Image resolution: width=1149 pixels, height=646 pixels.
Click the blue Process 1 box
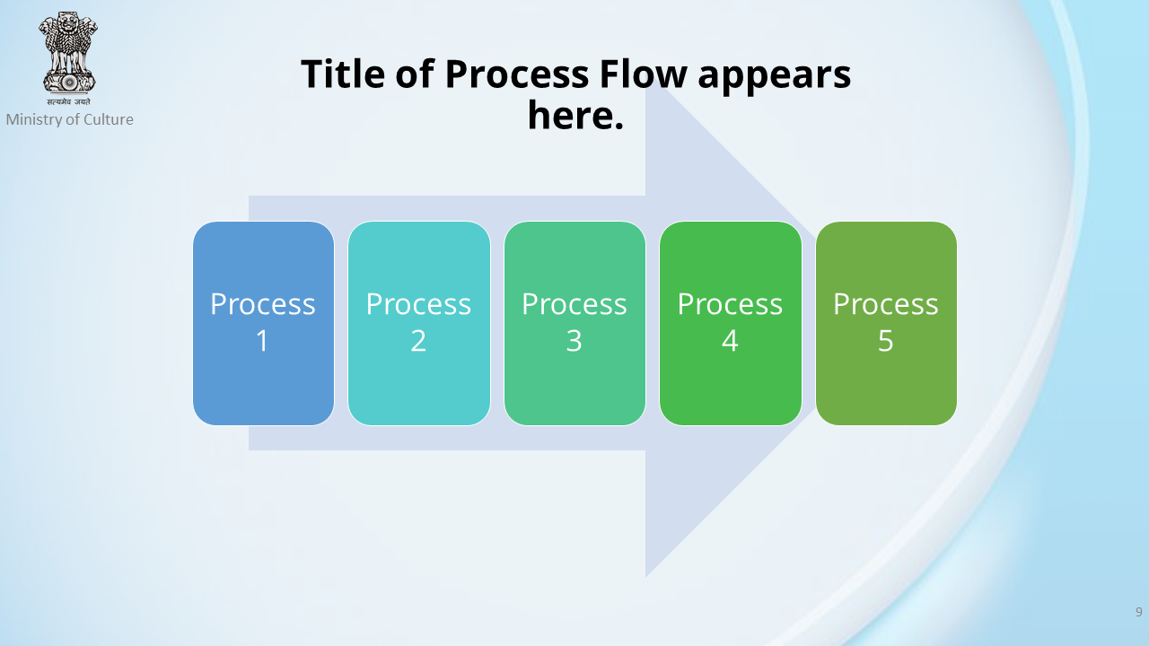[x=263, y=323]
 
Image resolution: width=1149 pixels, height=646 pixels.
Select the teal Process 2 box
[x=419, y=323]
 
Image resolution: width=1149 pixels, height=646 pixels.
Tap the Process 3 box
[x=574, y=323]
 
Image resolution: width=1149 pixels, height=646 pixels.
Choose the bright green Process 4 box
[x=731, y=323]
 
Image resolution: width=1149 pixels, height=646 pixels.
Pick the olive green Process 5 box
[x=886, y=323]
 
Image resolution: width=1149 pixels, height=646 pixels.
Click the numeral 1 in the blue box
[x=263, y=341]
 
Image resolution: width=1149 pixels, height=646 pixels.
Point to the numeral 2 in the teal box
[x=418, y=341]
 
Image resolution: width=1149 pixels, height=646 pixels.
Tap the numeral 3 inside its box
[x=574, y=341]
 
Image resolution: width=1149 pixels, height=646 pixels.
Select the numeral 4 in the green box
[x=730, y=341]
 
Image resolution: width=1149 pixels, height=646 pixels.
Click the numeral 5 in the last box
[x=886, y=341]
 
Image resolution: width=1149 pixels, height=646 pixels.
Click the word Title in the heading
[x=343, y=74]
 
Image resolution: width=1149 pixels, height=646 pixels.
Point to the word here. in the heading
[x=575, y=116]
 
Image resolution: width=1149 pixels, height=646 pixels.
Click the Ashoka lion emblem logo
[x=68, y=53]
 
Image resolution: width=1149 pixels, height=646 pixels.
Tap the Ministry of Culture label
[x=70, y=119]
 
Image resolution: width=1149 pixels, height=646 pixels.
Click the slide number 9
[x=1139, y=612]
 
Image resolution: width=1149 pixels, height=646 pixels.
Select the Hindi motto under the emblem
[x=69, y=101]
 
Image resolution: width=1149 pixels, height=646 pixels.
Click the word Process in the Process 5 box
[x=886, y=304]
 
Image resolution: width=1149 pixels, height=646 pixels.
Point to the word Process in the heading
[x=517, y=74]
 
